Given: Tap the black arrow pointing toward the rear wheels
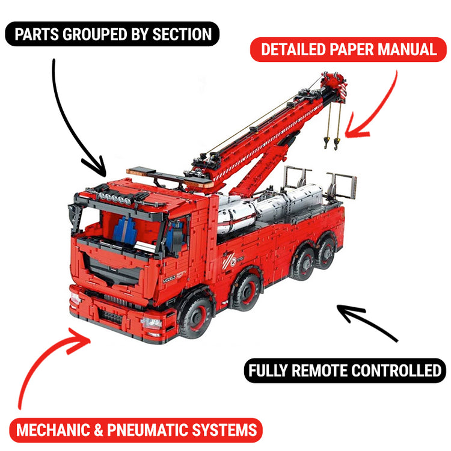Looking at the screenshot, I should point(367,322).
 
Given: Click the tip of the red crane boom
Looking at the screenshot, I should point(333,81).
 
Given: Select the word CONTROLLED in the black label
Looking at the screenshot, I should point(399,370).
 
